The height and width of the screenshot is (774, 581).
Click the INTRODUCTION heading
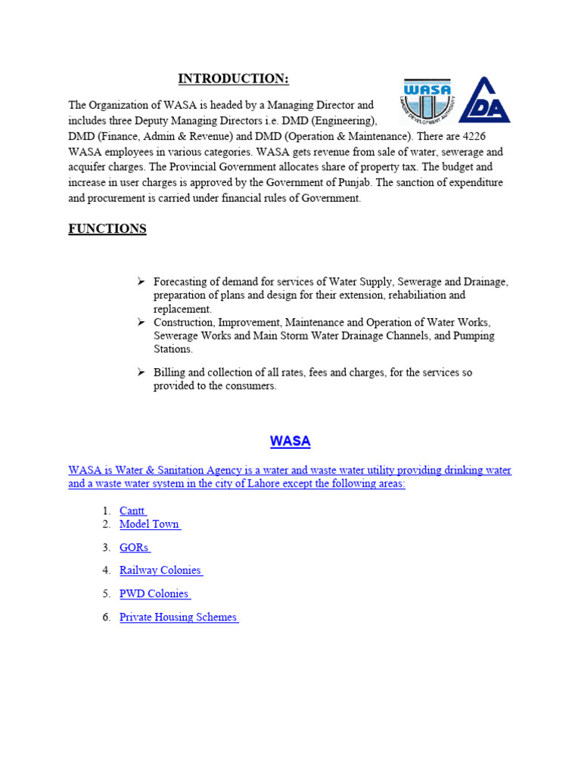click(233, 79)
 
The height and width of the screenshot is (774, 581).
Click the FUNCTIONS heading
click(107, 229)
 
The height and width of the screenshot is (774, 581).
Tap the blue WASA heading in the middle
click(290, 441)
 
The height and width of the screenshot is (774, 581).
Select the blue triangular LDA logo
click(485, 101)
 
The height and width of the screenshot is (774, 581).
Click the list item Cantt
click(132, 512)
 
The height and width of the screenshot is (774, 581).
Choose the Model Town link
click(149, 524)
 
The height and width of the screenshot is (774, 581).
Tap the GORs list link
click(134, 547)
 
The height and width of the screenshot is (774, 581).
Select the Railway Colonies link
click(160, 571)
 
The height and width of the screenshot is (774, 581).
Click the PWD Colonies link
click(154, 594)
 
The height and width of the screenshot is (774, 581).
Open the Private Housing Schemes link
click(178, 618)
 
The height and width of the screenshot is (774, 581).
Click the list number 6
click(107, 618)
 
